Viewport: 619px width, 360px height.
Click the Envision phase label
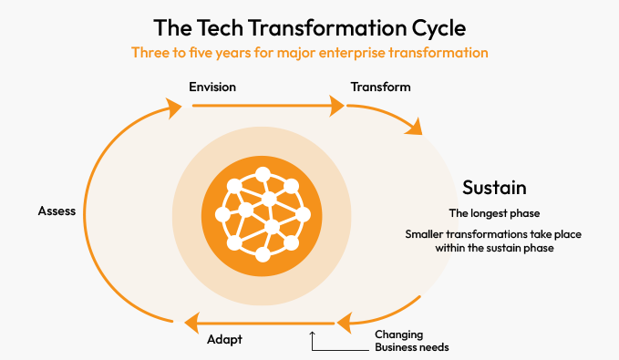(212, 87)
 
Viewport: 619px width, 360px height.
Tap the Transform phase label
(380, 87)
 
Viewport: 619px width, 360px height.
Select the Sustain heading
(494, 189)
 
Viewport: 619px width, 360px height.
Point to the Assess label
(57, 211)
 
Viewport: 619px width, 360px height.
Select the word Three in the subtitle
(150, 52)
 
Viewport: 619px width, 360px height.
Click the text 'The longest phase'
(493, 213)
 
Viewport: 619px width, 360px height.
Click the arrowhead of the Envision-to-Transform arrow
(337, 107)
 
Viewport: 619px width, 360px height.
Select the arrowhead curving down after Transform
(417, 129)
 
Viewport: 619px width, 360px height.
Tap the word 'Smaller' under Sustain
(427, 235)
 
